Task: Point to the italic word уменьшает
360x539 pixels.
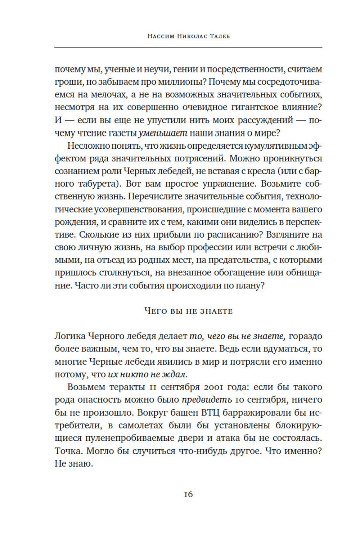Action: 163,133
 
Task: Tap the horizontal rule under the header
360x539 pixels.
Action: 188,48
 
